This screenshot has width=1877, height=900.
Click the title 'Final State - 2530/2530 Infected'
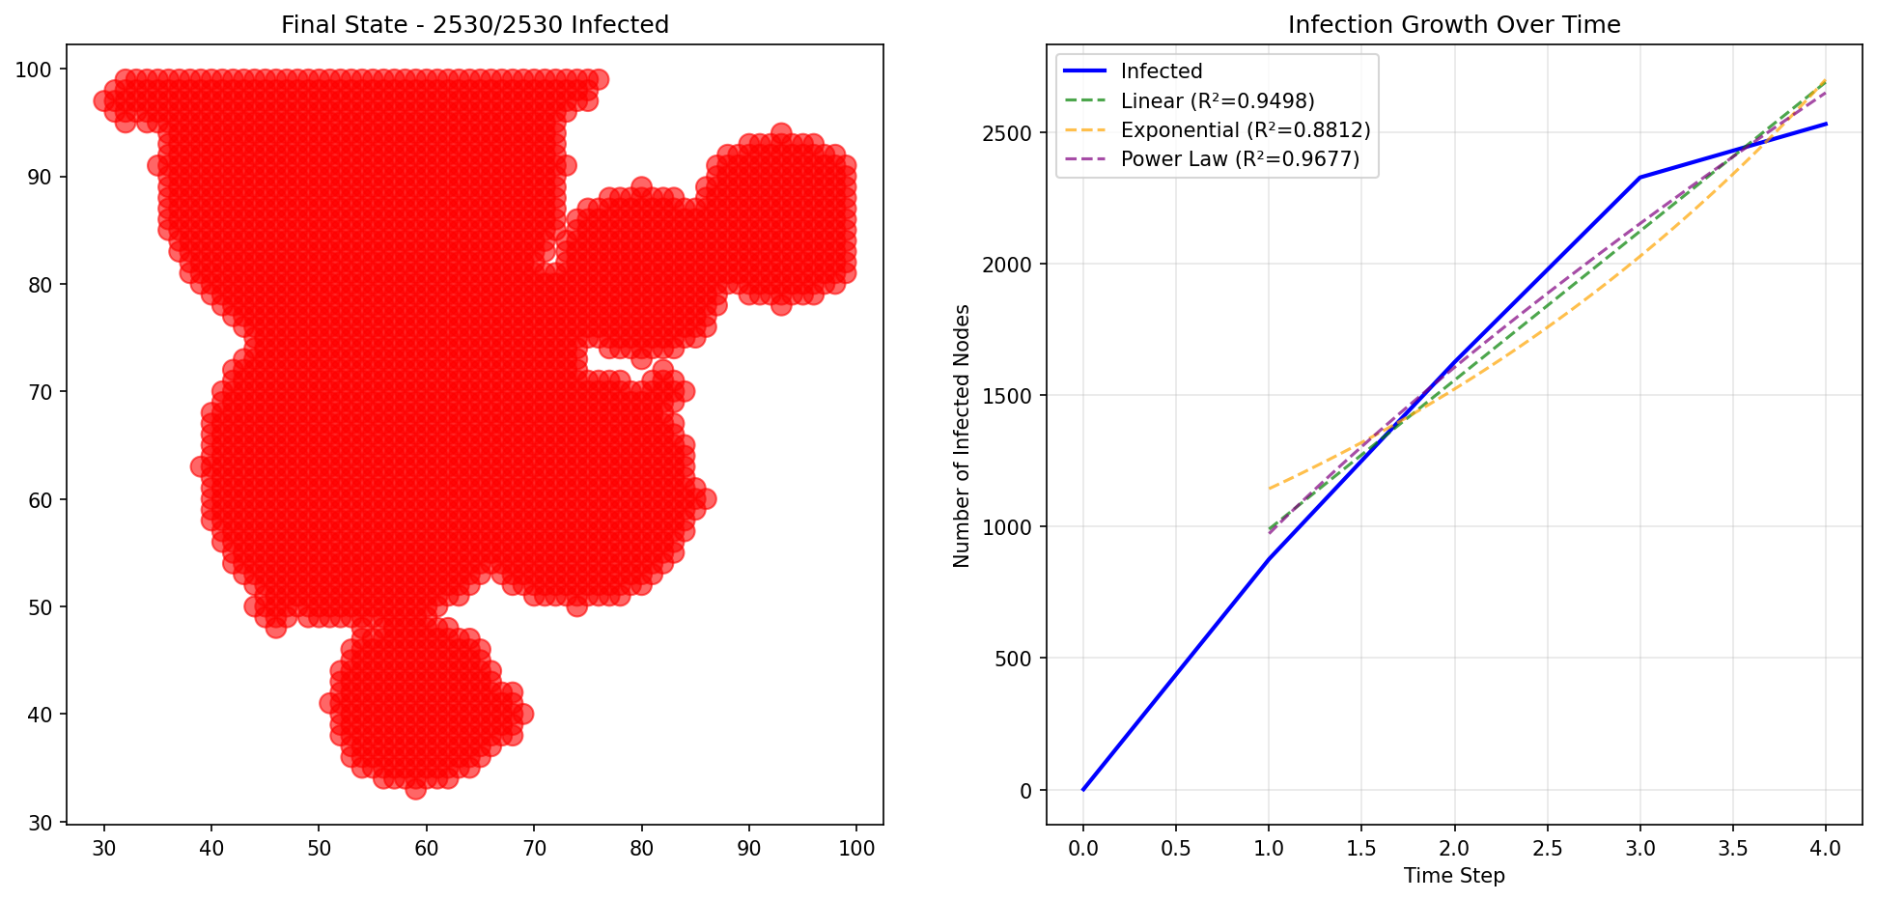474,24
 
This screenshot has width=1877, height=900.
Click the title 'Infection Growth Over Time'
1453,24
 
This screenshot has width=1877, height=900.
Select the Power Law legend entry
1239,159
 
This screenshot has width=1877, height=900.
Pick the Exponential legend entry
1245,130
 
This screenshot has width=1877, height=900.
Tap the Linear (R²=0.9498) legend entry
1217,101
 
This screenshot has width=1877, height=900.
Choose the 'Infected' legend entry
1161,71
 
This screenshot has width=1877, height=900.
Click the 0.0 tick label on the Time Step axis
1083,849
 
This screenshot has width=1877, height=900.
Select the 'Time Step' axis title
1453,876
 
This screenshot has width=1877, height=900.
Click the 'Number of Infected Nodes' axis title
962,436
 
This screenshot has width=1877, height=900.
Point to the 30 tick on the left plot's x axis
104,849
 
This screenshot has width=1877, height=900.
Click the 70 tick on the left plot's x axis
534,849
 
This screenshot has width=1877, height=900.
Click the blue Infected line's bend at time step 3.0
1639,178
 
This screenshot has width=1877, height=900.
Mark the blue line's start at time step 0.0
1083,790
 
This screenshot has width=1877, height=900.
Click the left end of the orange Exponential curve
1269,489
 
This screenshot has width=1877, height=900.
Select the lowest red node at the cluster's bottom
415,789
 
